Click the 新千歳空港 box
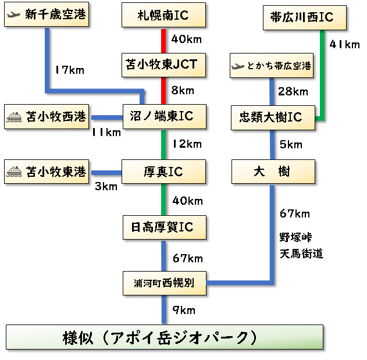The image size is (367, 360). point(47,16)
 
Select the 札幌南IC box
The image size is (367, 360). point(164,16)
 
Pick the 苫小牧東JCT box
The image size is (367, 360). point(164,65)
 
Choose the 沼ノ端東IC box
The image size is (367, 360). point(164,116)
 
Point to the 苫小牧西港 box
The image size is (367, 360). point(47,116)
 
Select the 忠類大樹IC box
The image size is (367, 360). point(272,117)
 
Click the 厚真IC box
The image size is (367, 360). point(164,172)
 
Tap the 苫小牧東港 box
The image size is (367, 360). point(47,172)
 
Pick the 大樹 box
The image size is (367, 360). point(272,172)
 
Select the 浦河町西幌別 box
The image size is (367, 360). point(164,283)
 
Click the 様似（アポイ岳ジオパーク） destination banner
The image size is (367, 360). point(164,337)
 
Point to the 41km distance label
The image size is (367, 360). point(344,44)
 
